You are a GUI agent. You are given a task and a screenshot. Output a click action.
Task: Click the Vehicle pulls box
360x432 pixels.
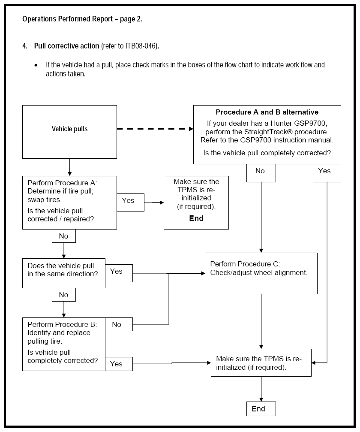coord(69,132)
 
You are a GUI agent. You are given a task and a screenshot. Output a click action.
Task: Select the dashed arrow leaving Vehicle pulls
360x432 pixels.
coord(155,129)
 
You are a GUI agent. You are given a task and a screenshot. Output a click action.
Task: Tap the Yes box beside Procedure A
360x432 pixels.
coord(130,202)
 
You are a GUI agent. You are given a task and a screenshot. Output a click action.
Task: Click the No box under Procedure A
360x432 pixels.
coord(64,236)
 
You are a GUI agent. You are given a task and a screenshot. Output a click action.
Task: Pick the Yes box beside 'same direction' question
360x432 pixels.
coord(119,273)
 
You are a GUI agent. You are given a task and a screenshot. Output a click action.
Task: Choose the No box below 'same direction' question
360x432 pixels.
coord(64,295)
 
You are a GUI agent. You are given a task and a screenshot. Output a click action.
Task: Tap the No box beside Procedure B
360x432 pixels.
coord(119,324)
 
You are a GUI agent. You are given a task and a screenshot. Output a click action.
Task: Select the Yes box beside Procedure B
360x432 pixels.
coord(119,364)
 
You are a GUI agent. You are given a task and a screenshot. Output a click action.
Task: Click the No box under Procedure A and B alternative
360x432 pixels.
coord(261,173)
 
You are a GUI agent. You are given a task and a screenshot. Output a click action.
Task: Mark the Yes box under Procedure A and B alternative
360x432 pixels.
coord(327,173)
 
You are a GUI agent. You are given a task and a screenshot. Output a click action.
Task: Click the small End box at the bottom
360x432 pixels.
coord(261,408)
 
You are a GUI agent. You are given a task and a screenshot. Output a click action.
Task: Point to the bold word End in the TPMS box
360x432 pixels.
coord(196,218)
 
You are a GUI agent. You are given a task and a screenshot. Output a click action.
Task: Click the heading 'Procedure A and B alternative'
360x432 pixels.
coord(267,112)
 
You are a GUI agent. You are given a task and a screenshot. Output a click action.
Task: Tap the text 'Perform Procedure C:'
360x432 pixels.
coord(245,264)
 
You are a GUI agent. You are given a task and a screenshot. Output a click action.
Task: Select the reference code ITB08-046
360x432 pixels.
coord(141,46)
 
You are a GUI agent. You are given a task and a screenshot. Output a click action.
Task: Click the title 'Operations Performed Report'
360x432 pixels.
coord(67,19)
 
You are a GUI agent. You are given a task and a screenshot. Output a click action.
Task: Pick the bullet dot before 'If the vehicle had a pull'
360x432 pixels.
coord(36,65)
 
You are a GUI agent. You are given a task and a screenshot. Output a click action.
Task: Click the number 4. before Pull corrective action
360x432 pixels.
coord(25,46)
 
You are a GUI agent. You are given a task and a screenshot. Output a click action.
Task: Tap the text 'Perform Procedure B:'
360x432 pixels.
coord(62,324)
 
